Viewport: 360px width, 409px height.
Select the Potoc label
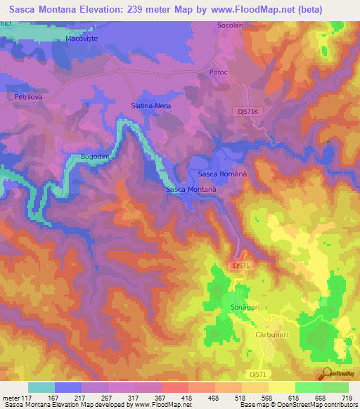click(220, 72)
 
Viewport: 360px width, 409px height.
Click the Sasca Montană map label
click(190, 190)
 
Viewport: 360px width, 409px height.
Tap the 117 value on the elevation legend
click(29, 396)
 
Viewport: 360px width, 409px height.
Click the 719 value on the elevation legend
click(347, 396)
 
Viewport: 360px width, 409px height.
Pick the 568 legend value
click(268, 396)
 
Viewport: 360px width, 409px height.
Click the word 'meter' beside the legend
click(11, 396)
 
